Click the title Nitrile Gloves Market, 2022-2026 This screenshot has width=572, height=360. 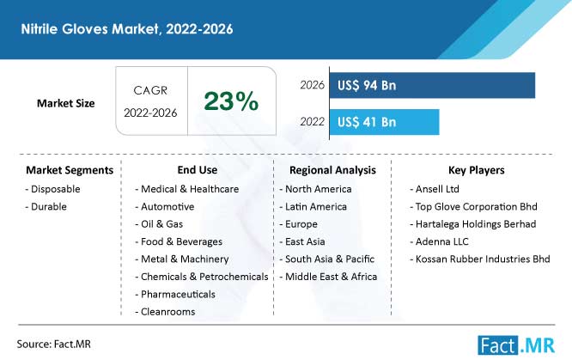(x=127, y=29)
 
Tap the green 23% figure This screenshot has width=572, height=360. (x=231, y=101)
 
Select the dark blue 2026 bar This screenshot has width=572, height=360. (x=432, y=85)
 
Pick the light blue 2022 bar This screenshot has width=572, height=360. (x=384, y=122)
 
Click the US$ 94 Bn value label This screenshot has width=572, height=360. (x=367, y=85)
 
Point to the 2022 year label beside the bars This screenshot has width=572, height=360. (x=313, y=122)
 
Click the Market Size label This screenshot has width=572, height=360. (x=65, y=103)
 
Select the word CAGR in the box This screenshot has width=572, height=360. (x=150, y=90)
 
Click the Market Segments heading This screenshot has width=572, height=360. (x=70, y=170)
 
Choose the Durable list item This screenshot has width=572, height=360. (x=46, y=207)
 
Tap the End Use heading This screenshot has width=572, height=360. (x=198, y=170)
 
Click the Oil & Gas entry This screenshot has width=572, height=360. (x=159, y=224)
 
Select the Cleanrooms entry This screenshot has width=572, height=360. (x=165, y=312)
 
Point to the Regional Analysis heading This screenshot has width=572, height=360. (x=332, y=170)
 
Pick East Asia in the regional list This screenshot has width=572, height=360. (x=302, y=241)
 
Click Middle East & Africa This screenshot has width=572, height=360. (x=328, y=277)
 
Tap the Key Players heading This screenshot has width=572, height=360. (x=477, y=170)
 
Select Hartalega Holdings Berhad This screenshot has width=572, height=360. (x=473, y=224)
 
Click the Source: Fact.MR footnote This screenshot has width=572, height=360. (x=53, y=344)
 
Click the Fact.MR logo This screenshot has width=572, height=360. (x=516, y=345)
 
